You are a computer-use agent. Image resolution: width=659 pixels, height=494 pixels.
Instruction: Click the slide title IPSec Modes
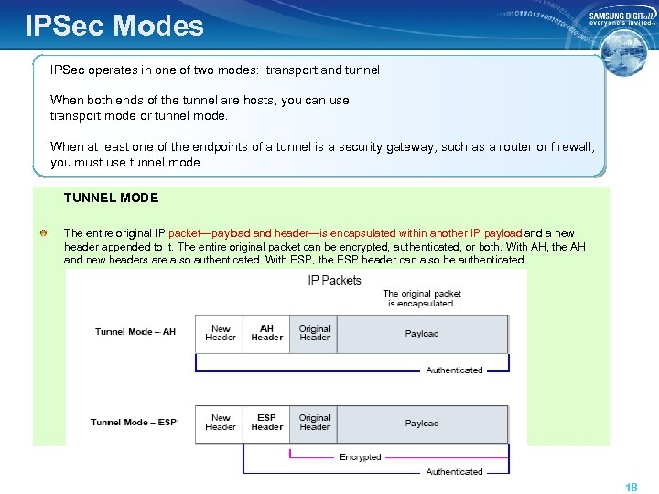114,25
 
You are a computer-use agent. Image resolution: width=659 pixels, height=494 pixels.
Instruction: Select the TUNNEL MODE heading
111,198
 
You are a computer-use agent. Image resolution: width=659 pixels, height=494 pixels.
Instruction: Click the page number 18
631,488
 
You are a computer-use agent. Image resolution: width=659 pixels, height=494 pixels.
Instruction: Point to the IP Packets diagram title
334,280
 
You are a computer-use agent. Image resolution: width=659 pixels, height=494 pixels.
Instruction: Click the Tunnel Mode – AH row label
135,331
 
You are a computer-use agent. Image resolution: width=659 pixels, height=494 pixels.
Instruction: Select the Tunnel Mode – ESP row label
134,423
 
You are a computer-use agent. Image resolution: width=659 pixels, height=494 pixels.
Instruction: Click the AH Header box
266,333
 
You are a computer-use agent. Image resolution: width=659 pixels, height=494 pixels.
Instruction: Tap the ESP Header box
266,423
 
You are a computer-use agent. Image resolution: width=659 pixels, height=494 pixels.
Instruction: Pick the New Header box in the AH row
220,333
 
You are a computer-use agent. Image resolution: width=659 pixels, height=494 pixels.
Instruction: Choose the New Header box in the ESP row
220,423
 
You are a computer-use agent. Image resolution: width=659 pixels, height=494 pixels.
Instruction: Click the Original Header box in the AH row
314,333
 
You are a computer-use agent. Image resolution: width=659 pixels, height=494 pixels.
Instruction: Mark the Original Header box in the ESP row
314,423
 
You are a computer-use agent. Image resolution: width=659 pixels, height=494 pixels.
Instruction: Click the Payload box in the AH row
422,334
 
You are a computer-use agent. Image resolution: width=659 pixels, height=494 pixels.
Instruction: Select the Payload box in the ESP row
422,424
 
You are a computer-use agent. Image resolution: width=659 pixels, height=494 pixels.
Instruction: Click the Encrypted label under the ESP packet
360,457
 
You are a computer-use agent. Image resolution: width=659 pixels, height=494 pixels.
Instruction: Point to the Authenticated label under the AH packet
454,370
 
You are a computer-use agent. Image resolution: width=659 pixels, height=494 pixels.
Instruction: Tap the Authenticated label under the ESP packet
454,472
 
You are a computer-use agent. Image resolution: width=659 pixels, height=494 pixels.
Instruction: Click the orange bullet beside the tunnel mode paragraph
43,234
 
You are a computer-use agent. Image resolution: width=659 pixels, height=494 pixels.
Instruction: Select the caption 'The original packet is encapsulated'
421,298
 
